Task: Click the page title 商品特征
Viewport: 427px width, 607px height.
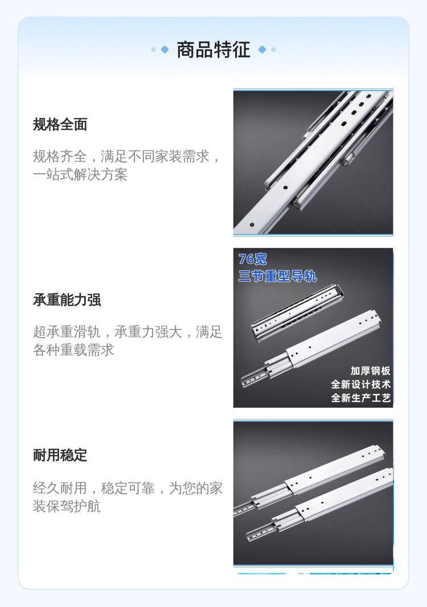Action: [213, 50]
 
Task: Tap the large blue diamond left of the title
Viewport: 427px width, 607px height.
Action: [165, 50]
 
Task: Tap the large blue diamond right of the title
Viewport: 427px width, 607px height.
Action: [262, 50]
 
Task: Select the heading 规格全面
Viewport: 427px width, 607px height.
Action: [60, 125]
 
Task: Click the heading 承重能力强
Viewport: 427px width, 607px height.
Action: [67, 300]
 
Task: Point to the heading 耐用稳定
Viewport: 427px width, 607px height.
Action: [60, 456]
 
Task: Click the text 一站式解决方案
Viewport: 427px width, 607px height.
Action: [80, 175]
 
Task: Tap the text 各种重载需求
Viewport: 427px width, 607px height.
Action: [73, 350]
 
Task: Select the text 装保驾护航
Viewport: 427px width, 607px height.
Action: [67, 506]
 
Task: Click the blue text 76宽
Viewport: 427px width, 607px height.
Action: [252, 259]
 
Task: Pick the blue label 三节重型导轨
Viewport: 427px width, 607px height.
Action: [277, 276]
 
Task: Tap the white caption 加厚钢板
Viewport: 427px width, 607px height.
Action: [370, 371]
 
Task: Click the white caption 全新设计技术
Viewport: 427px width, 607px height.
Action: [360, 384]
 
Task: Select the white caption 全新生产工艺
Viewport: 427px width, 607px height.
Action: [360, 398]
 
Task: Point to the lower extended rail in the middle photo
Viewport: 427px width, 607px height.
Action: [310, 349]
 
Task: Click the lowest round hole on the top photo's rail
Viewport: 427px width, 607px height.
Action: [252, 224]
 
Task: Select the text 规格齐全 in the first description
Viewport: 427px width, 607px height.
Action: [60, 157]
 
